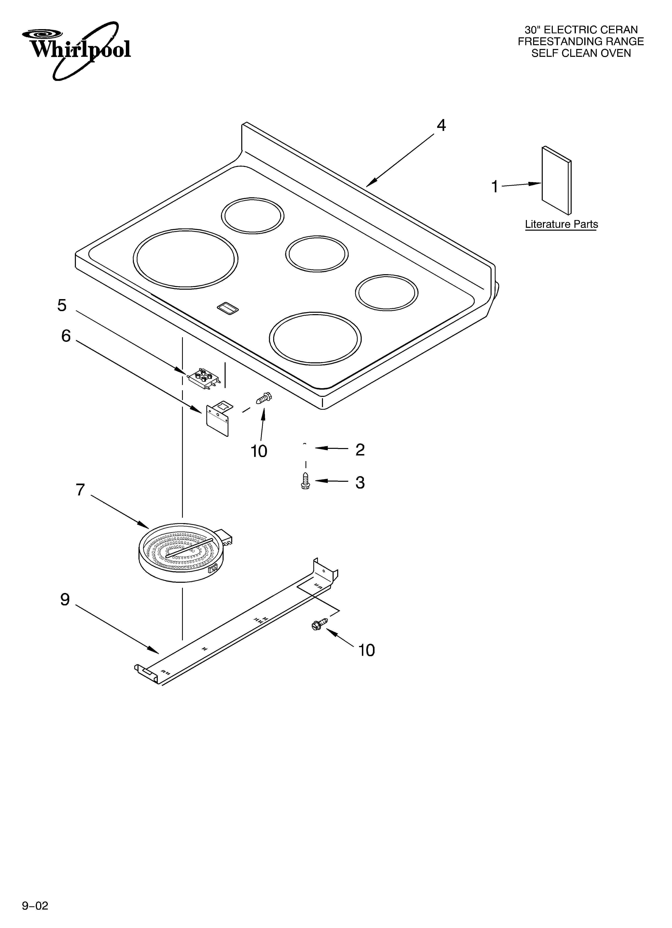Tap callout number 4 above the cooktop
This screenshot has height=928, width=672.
pyautogui.click(x=441, y=125)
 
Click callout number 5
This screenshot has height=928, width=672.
pyautogui.click(x=62, y=305)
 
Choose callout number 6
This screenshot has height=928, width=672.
pyautogui.click(x=66, y=336)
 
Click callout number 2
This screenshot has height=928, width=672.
pyautogui.click(x=360, y=450)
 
